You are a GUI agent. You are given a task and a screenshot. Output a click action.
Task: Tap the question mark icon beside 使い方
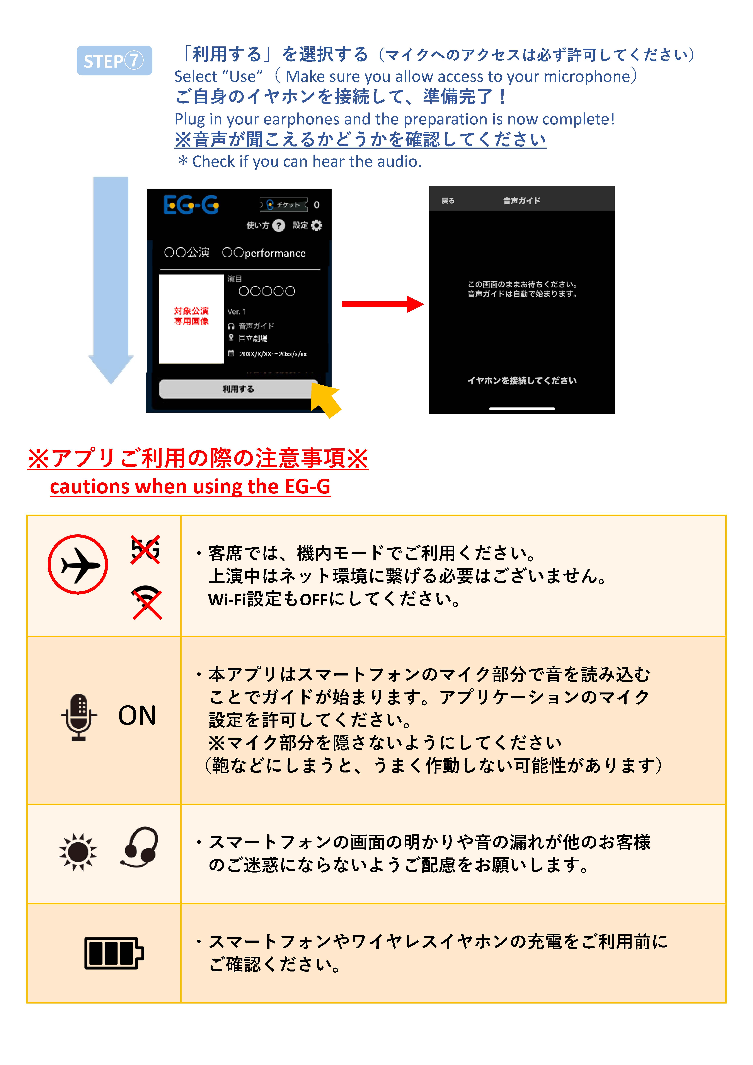coord(278,225)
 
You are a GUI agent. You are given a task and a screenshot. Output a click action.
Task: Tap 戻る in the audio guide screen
coord(448,200)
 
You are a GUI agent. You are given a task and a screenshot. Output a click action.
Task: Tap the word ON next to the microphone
coord(137,715)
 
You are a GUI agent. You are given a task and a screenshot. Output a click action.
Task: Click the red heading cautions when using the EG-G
coord(190,487)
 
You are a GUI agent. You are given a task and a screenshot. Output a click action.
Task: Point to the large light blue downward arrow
coord(111,278)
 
